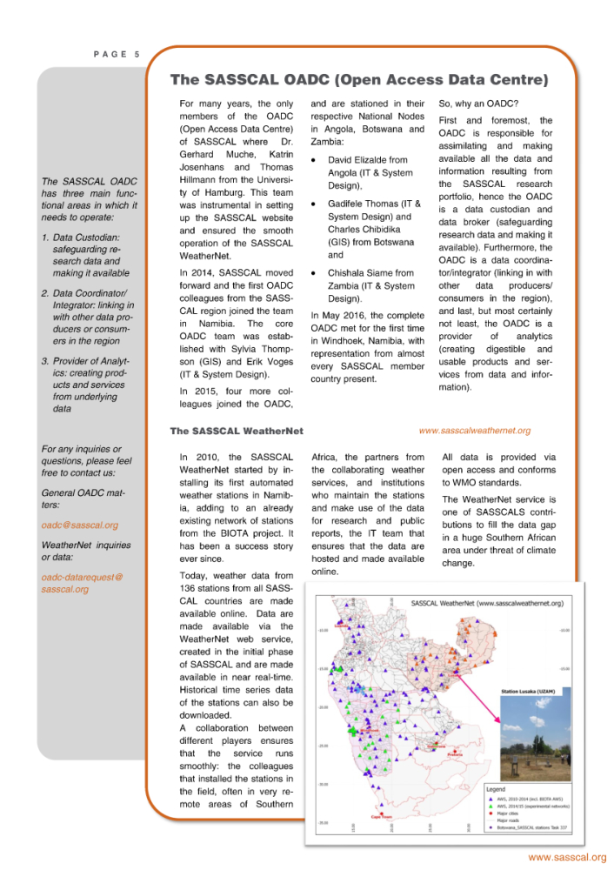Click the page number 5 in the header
tap(137, 55)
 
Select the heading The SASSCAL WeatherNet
tap(237, 431)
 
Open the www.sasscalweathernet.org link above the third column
tap(474, 430)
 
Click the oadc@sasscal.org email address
tap(80, 525)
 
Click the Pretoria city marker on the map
tap(450, 753)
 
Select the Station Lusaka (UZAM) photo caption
tap(530, 693)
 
